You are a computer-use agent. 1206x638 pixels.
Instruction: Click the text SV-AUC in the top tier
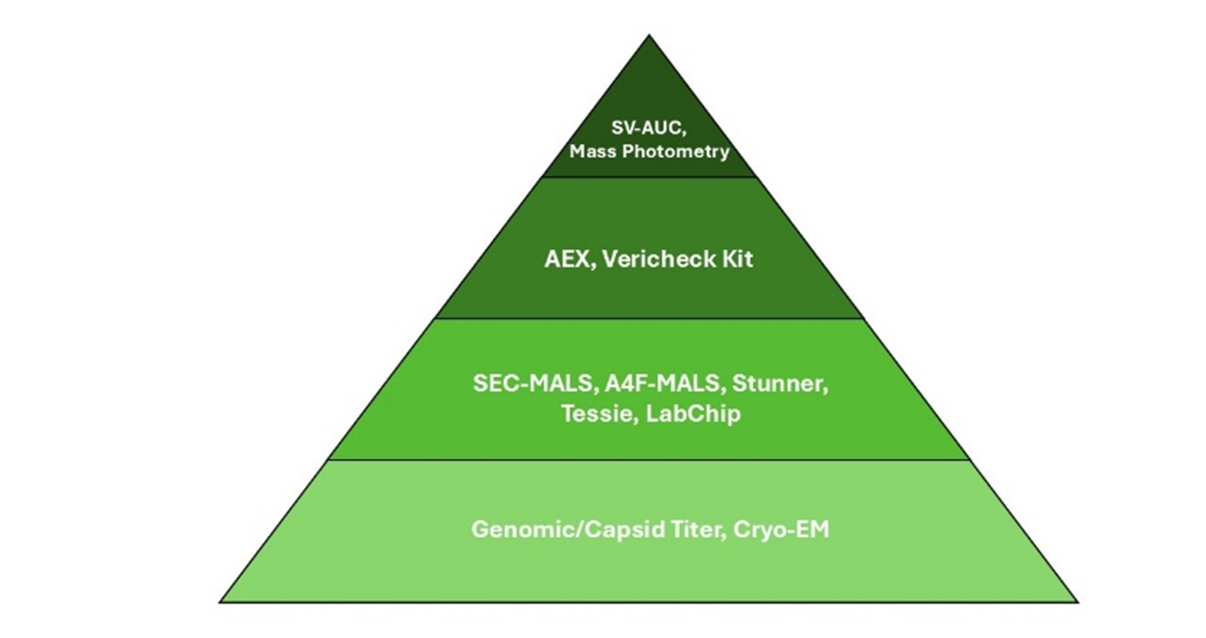(x=647, y=128)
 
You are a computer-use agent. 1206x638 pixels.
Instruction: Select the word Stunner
(x=779, y=383)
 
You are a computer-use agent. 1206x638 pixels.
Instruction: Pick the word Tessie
(x=599, y=414)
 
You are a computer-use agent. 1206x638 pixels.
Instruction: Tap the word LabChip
(x=693, y=414)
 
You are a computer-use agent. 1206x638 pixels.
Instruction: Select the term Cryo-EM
(x=781, y=529)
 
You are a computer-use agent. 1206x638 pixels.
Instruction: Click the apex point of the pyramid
(x=648, y=36)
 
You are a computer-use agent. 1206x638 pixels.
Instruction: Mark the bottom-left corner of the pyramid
(x=220, y=602)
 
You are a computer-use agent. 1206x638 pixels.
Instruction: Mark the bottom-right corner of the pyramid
(x=1078, y=602)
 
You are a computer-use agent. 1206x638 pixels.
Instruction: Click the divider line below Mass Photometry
(x=649, y=177)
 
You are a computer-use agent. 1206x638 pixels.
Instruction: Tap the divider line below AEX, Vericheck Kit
(x=649, y=319)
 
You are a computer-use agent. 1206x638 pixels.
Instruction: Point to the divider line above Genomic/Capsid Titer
(x=649, y=460)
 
